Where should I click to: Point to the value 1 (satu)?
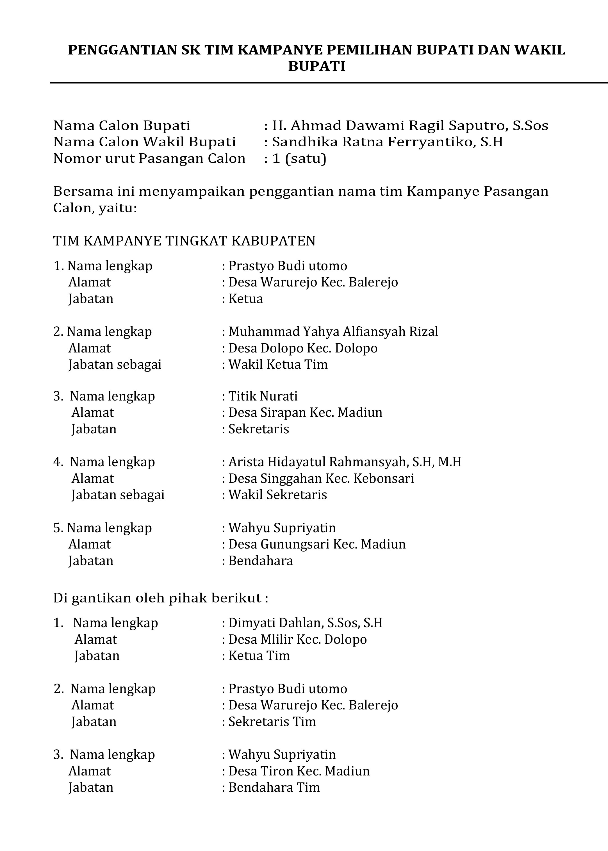coord(299,159)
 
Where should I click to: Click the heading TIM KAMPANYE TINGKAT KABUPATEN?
coord(184,241)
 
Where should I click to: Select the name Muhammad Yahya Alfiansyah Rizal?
coord(333,332)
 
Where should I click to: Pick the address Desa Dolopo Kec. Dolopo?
coord(302,348)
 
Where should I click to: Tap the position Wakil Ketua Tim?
coord(278,365)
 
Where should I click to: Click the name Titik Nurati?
coord(263,396)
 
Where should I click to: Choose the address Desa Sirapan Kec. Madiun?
coord(305,413)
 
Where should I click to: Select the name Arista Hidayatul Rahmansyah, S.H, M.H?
coord(344,462)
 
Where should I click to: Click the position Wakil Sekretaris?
coord(277,495)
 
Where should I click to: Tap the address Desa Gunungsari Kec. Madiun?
coord(317,544)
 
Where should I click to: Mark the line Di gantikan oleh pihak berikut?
coord(161,598)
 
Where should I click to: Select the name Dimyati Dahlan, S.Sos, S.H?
coord(305,623)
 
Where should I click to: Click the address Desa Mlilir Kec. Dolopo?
coord(297,640)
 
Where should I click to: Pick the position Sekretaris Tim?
coord(272,722)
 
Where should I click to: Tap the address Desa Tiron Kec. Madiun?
coord(299,771)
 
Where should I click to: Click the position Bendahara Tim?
coord(274,788)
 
